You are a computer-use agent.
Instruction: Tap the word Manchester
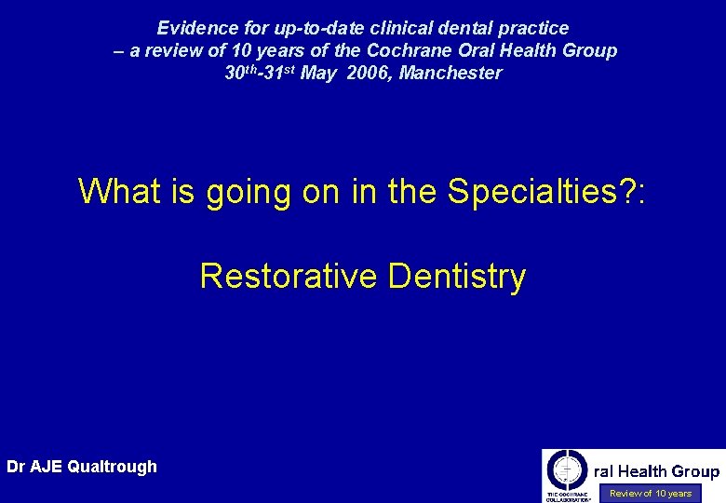click(450, 74)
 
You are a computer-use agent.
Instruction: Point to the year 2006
click(368, 74)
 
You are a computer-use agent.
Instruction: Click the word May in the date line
click(319, 74)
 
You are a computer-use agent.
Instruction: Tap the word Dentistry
click(457, 277)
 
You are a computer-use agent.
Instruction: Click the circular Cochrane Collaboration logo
click(567, 469)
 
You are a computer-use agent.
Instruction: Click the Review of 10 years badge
click(651, 494)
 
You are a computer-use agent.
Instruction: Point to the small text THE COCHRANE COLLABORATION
click(567, 496)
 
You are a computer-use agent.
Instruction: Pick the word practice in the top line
click(535, 29)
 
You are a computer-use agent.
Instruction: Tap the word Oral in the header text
click(481, 51)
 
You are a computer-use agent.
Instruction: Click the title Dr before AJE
click(16, 467)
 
